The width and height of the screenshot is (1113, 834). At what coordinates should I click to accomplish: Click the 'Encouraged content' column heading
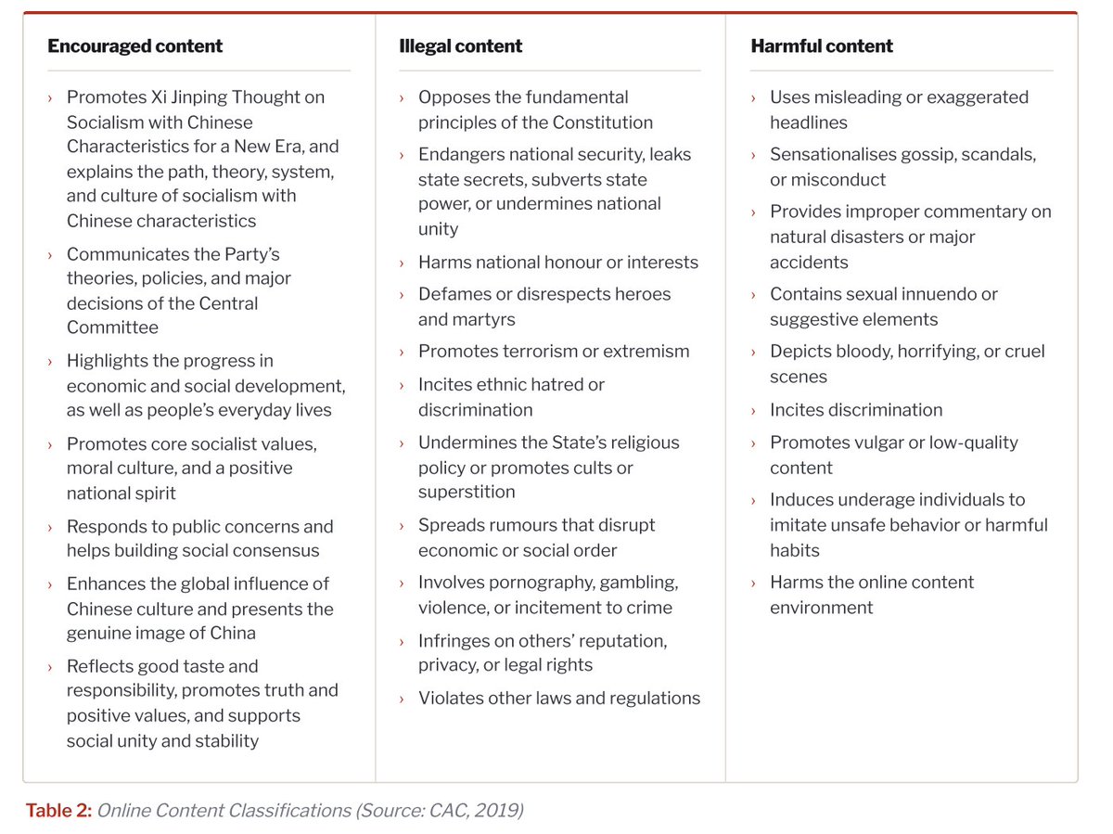pyautogui.click(x=134, y=46)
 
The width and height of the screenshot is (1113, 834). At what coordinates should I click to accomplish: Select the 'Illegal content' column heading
pyautogui.click(x=460, y=46)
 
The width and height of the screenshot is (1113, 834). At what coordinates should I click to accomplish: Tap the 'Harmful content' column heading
pyautogui.click(x=822, y=46)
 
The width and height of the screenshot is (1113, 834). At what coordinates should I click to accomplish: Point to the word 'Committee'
pyautogui.click(x=112, y=327)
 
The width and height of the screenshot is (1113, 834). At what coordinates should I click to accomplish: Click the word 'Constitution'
pyautogui.click(x=602, y=122)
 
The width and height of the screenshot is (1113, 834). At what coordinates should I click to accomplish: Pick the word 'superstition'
pyautogui.click(x=467, y=492)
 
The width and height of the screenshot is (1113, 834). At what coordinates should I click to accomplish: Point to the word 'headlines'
pyautogui.click(x=808, y=122)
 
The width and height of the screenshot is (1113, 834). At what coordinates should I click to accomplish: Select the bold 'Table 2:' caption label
pyautogui.click(x=58, y=810)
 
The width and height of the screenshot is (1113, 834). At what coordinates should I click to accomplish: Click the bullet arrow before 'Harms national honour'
pyautogui.click(x=402, y=263)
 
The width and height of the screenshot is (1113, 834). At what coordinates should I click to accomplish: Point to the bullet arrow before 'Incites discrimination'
pyautogui.click(x=753, y=411)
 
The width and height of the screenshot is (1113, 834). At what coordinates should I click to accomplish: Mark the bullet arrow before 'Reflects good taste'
pyautogui.click(x=50, y=667)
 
